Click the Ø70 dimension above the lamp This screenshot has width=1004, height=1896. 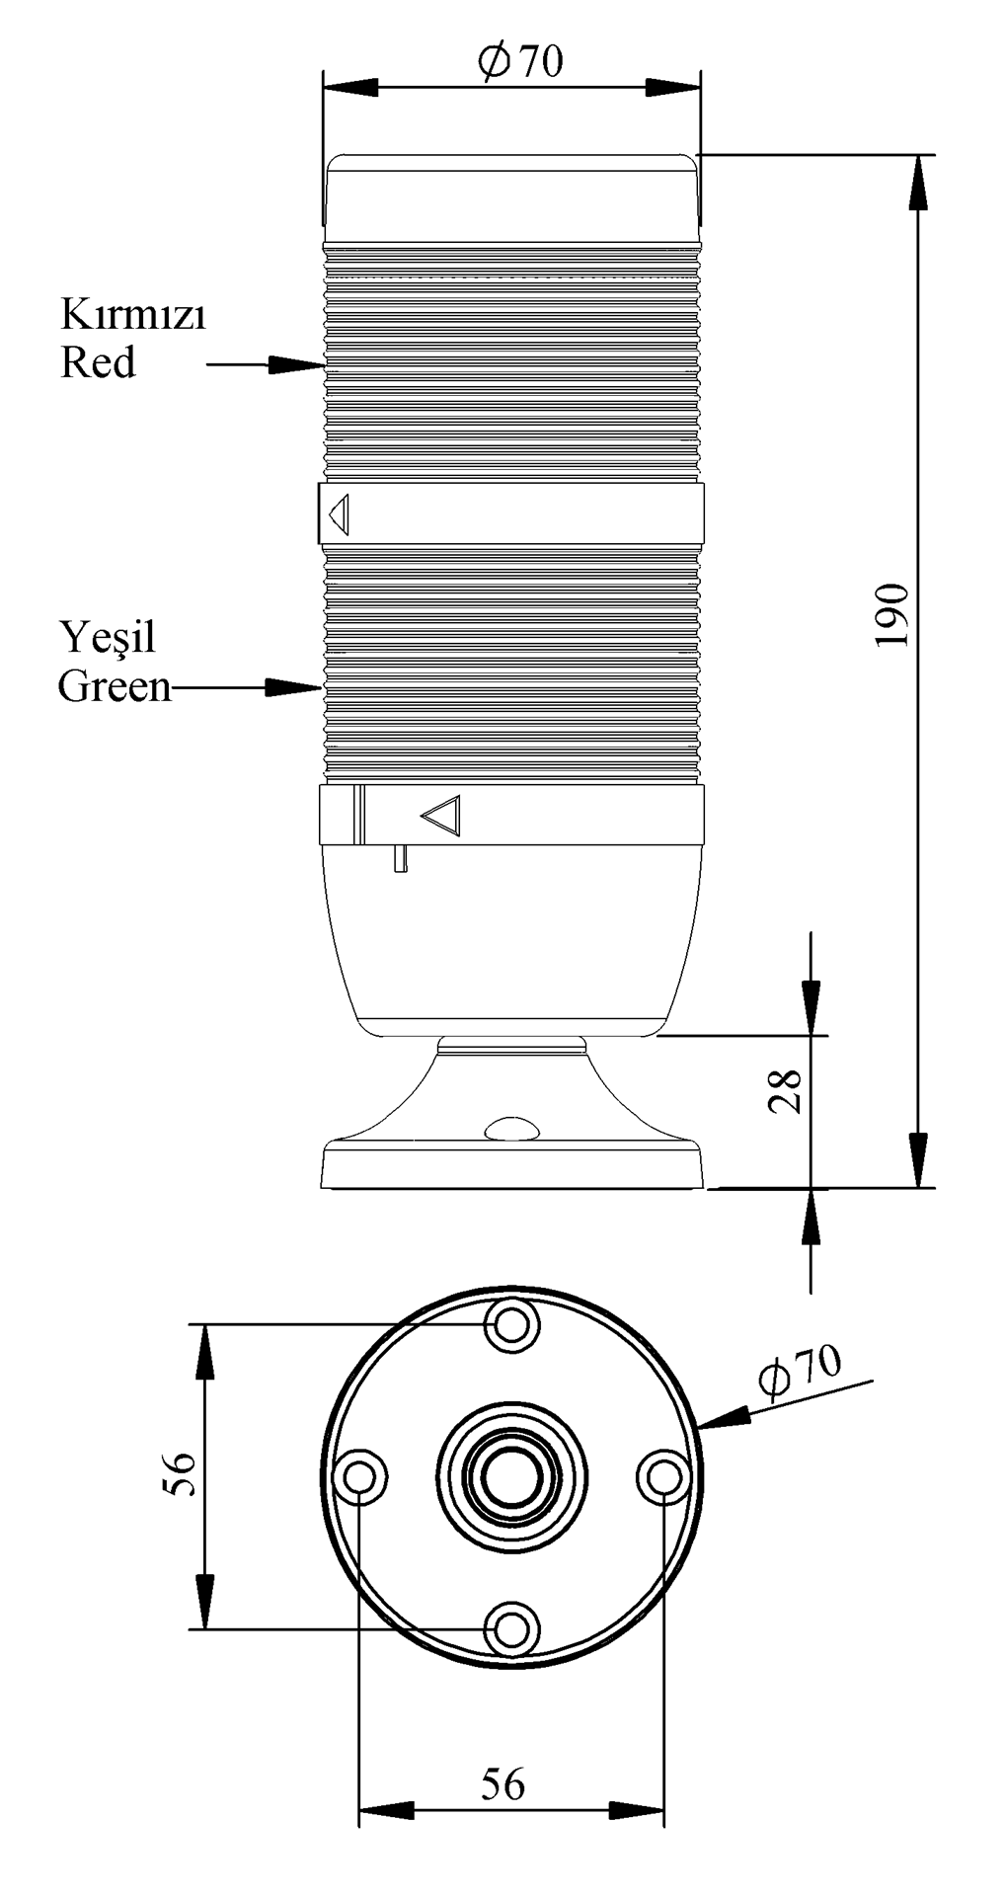[520, 61]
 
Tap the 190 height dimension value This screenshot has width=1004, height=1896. [891, 614]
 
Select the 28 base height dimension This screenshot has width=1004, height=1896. [786, 1090]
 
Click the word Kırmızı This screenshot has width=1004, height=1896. [133, 315]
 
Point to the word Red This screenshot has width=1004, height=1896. [98, 362]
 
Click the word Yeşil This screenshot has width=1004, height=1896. [108, 637]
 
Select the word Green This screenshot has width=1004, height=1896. [115, 685]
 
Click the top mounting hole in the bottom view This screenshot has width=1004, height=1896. [511, 1324]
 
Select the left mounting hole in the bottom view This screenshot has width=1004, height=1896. [360, 1477]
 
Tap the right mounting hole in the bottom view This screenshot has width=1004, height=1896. [662, 1477]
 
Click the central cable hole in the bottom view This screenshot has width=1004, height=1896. [511, 1476]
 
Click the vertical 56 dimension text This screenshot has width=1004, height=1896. [180, 1473]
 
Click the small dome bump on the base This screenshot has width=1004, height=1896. [511, 1129]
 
